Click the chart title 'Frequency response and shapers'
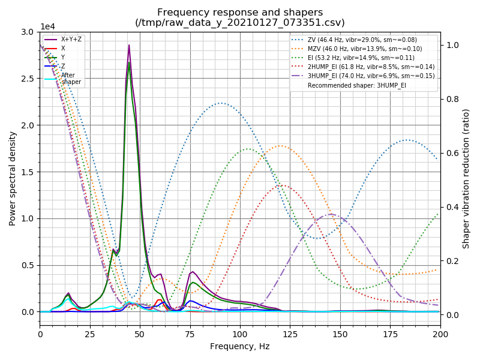coord(240,12)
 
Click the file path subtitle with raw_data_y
coord(240,23)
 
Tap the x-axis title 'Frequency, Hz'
coord(240,346)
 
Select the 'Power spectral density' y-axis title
coord(13,178)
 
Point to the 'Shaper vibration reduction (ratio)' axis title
coord(466,178)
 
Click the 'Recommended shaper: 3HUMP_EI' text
coord(356,85)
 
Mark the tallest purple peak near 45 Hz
coord(128,45)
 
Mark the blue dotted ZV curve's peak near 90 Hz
coord(221,103)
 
